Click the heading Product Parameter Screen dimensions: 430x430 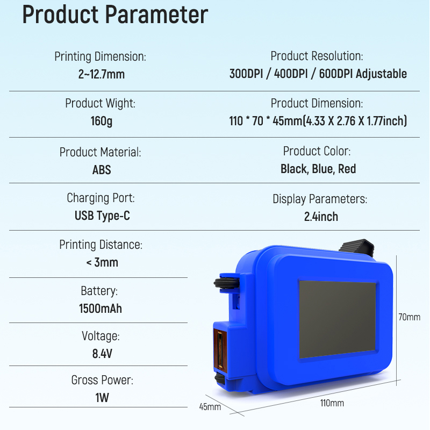coord(114,16)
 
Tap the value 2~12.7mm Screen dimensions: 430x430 coord(101,74)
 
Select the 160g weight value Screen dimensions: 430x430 coord(101,121)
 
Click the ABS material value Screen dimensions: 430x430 coord(101,170)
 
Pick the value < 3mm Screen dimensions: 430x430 coord(102,263)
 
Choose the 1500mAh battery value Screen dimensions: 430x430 coord(101,309)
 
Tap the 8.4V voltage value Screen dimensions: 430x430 coord(101,354)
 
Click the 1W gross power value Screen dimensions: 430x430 coord(102,399)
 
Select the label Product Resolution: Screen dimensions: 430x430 coord(317,56)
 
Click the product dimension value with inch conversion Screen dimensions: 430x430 coord(318,121)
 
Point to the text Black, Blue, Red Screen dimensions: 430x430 coord(318,169)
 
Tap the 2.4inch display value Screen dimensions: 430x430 coord(320,217)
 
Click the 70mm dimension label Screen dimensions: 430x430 coord(409,317)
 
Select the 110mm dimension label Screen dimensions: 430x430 coord(332,403)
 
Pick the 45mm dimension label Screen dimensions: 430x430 coord(210,407)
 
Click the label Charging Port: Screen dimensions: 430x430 coord(101,198)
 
